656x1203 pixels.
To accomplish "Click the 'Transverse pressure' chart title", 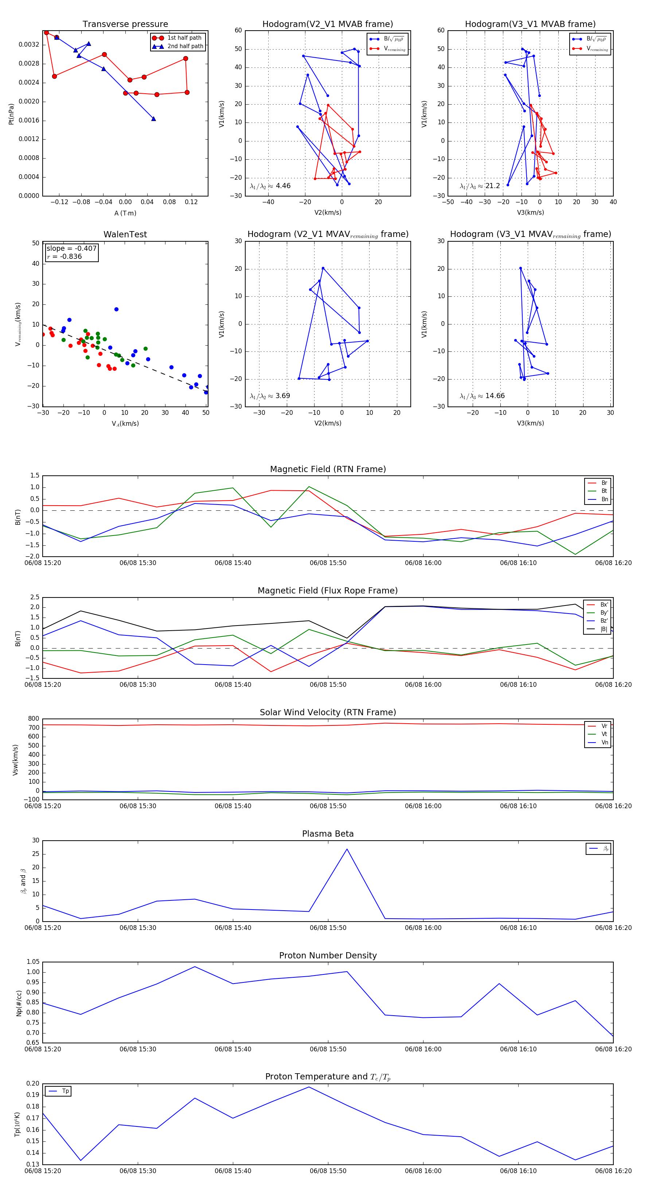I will point(125,24).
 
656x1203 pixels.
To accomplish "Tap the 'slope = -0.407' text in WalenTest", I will point(71,249).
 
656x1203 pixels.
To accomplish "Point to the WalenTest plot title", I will point(125,234).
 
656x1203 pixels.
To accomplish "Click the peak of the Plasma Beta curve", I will point(347,849).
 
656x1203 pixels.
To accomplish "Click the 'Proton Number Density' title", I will point(328,955).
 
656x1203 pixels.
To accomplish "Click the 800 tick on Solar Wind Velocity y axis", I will point(34,719).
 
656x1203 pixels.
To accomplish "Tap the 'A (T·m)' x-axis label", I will point(125,213).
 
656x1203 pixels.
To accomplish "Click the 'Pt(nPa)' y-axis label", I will point(11,114).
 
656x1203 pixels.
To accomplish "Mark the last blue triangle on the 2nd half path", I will point(153,118).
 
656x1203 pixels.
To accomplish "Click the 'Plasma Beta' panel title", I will point(328,834).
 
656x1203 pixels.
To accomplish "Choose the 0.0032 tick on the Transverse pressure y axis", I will point(29,45).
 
